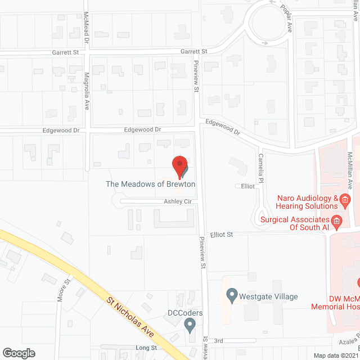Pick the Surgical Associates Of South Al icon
(336, 220)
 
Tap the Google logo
(18, 353)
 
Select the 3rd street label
(219, 340)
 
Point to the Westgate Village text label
(268, 297)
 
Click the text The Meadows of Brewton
(150, 184)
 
